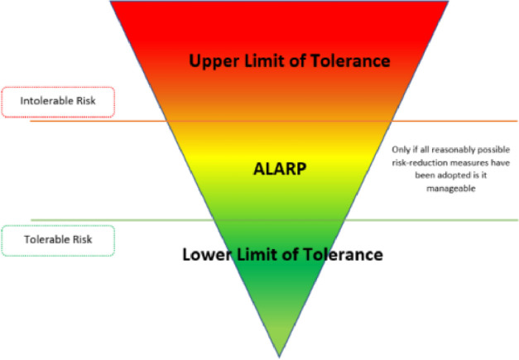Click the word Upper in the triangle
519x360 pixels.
pyautogui.click(x=214, y=61)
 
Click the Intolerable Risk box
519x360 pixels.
pyautogui.click(x=57, y=102)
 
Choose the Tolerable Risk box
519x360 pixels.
pyautogui.click(x=57, y=240)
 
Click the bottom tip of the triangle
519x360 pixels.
pyautogui.click(x=279, y=354)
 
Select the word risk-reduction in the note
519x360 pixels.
pyautogui.click(x=424, y=163)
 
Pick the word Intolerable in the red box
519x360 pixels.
pyautogui.click(x=45, y=102)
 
